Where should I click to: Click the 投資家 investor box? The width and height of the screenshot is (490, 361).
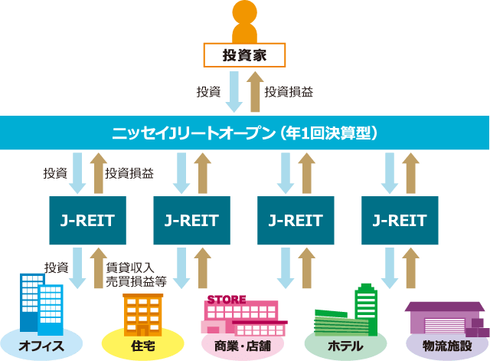pyautogui.click(x=244, y=55)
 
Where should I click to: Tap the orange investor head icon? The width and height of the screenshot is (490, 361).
pyautogui.click(x=245, y=12)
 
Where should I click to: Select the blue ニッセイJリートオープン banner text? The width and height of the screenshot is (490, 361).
pyautogui.click(x=245, y=133)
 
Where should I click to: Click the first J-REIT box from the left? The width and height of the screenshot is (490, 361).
pyautogui.click(x=88, y=220)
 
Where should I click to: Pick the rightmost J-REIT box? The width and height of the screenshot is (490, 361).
pyautogui.click(x=400, y=220)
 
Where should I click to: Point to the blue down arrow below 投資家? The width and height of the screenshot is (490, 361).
pyautogui.click(x=234, y=92)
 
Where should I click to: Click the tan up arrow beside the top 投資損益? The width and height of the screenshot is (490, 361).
pyautogui.click(x=255, y=92)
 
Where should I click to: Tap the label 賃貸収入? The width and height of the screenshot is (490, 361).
pyautogui.click(x=130, y=267)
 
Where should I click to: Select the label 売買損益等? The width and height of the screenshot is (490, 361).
pyautogui.click(x=136, y=281)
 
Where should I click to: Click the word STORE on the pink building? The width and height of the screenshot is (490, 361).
pyautogui.click(x=227, y=300)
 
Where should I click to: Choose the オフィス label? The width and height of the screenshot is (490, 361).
pyautogui.click(x=41, y=346)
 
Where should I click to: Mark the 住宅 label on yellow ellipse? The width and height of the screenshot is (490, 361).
pyautogui.click(x=143, y=346)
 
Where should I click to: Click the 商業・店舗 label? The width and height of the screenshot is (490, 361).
pyautogui.click(x=243, y=346)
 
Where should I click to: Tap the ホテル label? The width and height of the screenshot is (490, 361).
pyautogui.click(x=345, y=346)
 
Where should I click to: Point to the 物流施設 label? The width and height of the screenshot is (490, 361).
pyautogui.click(x=447, y=346)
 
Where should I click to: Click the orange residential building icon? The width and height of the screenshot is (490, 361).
pyautogui.click(x=143, y=315)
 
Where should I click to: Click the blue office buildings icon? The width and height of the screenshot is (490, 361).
pyautogui.click(x=41, y=304)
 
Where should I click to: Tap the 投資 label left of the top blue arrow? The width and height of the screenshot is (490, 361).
pyautogui.click(x=208, y=92)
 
